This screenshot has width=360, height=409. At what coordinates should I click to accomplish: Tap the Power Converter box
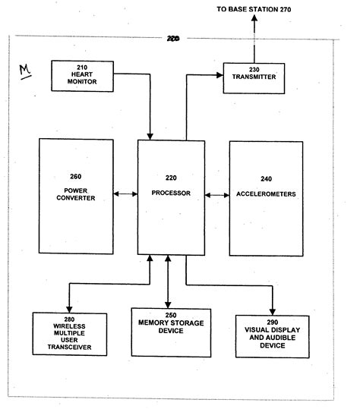[x=76, y=196]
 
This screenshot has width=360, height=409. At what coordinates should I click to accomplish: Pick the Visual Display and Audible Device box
[x=272, y=336]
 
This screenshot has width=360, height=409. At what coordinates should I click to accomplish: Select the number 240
[x=266, y=180]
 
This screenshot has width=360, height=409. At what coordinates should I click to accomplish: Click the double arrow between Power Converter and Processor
[x=125, y=194]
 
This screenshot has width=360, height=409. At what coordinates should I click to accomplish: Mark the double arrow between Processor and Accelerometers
[x=216, y=195]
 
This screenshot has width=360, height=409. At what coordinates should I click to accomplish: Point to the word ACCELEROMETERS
[x=267, y=194]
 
